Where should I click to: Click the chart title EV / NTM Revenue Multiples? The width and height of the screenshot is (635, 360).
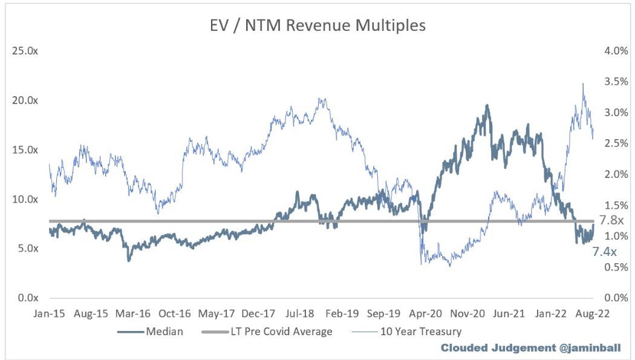(x=317, y=26)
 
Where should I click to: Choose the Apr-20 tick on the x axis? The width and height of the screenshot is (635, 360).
(x=424, y=314)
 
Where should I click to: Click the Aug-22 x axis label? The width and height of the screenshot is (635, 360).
(x=591, y=314)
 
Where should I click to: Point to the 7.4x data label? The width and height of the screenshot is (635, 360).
(x=604, y=250)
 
